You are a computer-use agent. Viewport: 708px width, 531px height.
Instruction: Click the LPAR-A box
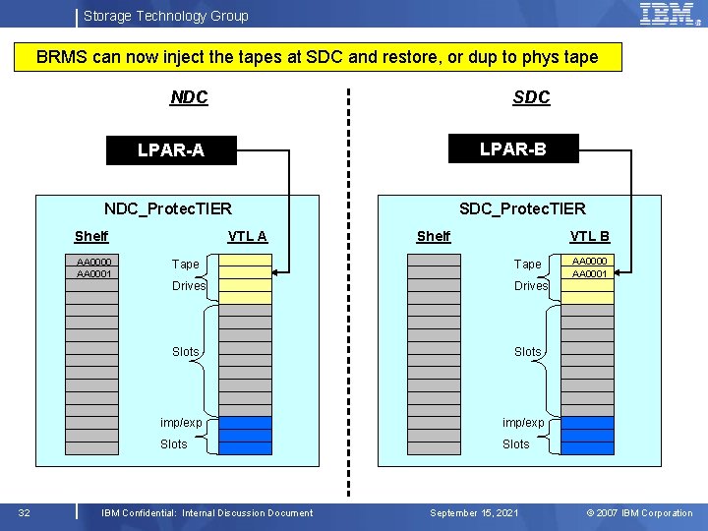171,150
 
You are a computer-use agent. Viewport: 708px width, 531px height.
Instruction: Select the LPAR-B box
512,148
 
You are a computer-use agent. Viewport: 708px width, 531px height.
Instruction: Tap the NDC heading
189,97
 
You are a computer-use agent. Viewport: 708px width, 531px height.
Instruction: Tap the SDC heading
531,97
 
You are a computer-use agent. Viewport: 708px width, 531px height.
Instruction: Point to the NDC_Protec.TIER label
168,207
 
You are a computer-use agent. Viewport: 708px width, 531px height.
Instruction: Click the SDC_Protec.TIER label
522,207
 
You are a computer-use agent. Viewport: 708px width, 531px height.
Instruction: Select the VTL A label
247,236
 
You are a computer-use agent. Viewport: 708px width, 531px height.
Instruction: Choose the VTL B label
590,236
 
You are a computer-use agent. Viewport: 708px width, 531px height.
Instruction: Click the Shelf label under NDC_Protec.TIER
91,236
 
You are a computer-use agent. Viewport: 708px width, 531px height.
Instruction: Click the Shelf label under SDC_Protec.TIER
434,236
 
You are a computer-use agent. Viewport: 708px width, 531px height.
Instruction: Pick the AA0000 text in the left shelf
94,262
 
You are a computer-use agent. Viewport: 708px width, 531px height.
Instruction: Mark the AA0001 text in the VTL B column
590,274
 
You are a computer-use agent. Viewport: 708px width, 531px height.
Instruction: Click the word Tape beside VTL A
185,265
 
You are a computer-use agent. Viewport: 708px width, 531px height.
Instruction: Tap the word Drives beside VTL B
531,286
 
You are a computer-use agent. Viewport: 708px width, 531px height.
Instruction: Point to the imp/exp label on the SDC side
523,423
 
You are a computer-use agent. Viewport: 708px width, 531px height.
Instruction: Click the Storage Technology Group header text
165,16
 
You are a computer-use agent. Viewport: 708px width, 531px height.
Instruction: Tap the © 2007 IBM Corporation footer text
639,512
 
